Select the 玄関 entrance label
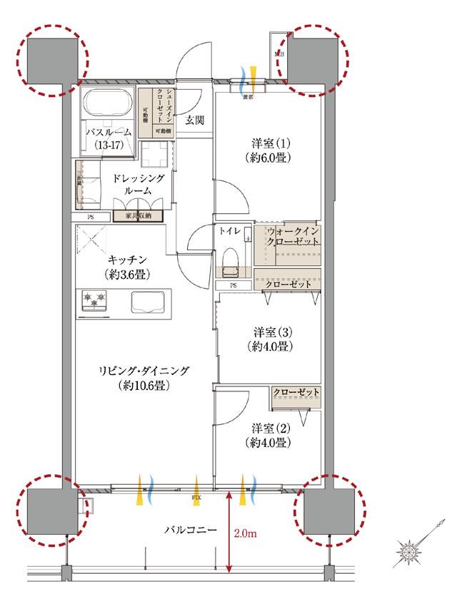[x=196, y=120]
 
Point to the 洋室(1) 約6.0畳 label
[x=268, y=150]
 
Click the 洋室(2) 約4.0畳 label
[x=270, y=435]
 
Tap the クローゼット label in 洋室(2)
[x=296, y=393]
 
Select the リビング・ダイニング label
[x=144, y=378]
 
